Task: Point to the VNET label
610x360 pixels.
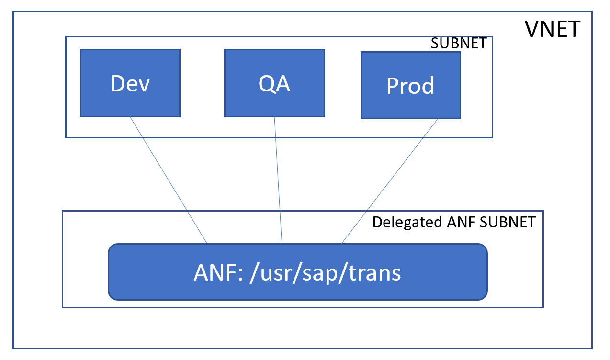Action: pos(553,30)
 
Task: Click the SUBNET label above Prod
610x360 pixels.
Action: pos(458,44)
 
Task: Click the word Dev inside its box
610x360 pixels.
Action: pos(130,83)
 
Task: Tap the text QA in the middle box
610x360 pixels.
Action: pos(274,84)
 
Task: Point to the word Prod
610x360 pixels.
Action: pos(410,86)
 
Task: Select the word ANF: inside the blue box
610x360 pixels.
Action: pos(217,272)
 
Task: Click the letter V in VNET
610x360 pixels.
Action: pos(532,30)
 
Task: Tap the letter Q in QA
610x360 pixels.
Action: pos(266,84)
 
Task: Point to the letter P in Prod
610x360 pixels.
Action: pos(393,86)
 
